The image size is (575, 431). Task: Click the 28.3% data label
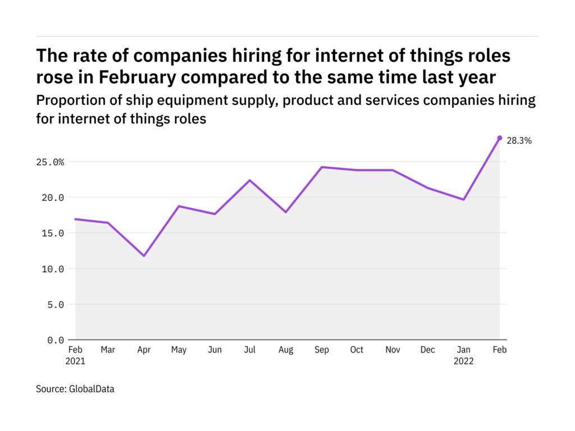coord(519,141)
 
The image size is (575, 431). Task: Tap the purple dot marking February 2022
coord(500,137)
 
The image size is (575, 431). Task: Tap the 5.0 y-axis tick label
coord(56,304)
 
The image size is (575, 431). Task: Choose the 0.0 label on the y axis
coord(56,340)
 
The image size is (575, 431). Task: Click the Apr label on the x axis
coord(144,350)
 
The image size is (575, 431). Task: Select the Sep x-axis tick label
coord(322,350)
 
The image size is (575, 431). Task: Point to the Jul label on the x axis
coord(250,350)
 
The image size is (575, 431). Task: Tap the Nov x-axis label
coord(393,350)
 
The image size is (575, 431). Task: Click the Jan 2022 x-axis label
coord(464,355)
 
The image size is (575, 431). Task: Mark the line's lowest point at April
coord(144,256)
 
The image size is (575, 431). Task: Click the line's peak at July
coord(250,180)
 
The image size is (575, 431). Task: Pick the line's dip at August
coord(286,212)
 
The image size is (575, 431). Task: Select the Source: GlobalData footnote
coord(75,388)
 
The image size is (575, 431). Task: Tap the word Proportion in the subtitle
coord(68,101)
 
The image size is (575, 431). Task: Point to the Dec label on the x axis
coord(428,350)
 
